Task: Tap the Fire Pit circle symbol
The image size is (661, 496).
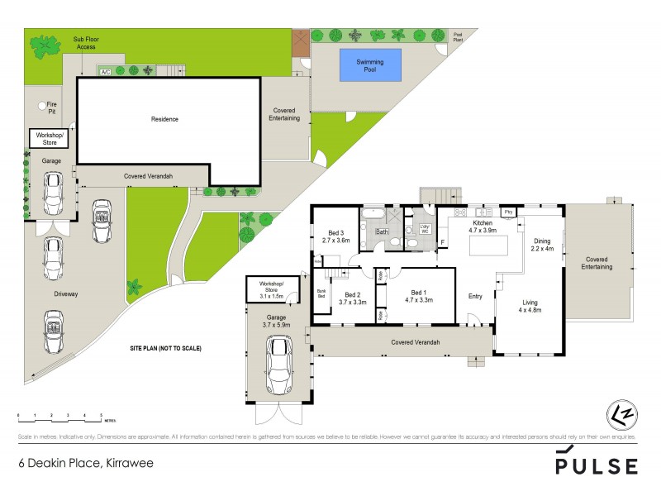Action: point(42,106)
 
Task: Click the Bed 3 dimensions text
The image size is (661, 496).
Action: point(335,241)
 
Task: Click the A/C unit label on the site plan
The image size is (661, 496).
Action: point(105,72)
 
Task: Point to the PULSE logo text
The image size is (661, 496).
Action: point(596,465)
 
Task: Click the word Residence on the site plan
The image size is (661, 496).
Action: point(164,119)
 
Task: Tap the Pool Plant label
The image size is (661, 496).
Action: point(459,36)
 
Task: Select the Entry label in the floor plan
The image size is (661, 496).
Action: point(475,297)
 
